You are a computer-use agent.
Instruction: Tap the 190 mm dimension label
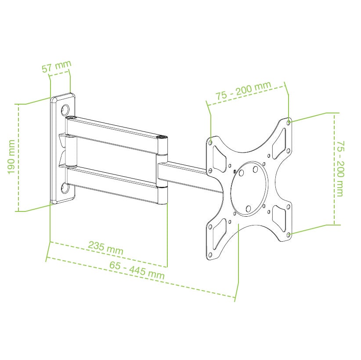tap(11, 157)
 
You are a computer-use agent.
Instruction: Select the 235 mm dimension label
tap(106, 247)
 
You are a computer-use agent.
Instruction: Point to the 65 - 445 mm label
tap(137, 270)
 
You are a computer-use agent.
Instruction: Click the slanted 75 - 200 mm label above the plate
tap(243, 90)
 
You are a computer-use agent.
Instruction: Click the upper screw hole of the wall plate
tap(65, 110)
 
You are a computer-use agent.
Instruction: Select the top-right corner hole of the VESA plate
tap(289, 123)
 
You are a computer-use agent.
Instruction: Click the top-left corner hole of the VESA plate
tap(210, 143)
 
